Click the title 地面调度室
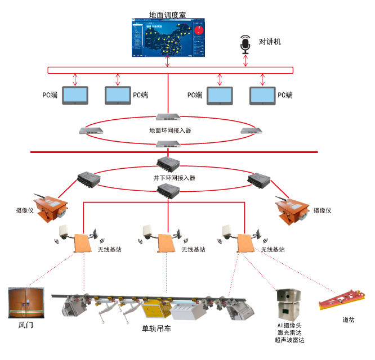[x=168, y=13]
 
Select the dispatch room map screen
[x=168, y=38]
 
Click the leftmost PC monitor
[x=75, y=96]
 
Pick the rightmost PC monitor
[x=262, y=96]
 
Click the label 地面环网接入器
[x=169, y=130]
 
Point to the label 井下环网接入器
[x=169, y=178]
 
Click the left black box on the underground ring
[x=89, y=179]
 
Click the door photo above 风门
[x=25, y=304]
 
